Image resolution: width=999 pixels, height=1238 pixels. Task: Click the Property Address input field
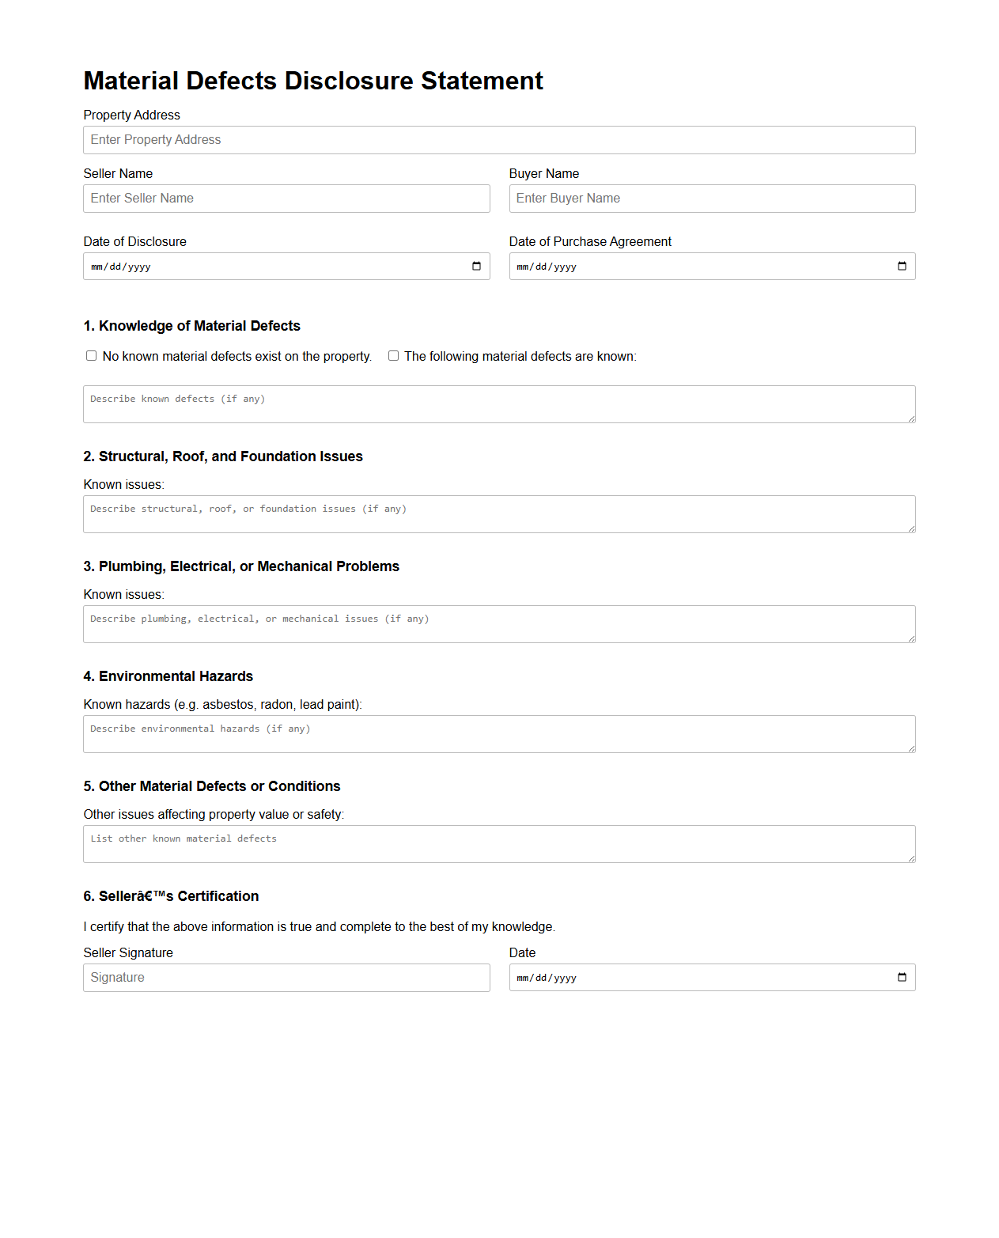(x=498, y=140)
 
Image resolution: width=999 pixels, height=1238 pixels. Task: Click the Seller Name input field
(x=286, y=199)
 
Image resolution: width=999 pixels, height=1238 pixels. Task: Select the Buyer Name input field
(x=712, y=199)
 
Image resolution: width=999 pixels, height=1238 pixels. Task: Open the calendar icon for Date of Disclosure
(x=476, y=266)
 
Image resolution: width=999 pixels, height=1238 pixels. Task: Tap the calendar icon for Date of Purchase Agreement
(x=902, y=266)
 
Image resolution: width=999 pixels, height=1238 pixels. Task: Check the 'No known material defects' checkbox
(x=92, y=356)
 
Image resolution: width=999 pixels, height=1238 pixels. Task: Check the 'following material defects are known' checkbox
(x=393, y=356)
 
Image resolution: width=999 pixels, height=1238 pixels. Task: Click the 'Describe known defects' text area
(x=498, y=404)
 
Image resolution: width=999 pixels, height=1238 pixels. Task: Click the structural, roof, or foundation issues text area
(x=498, y=514)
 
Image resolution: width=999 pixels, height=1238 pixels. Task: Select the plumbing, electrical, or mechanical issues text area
(x=498, y=624)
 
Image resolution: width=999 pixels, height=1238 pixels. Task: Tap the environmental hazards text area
(x=498, y=734)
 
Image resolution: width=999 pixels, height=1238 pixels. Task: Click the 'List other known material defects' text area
(x=498, y=844)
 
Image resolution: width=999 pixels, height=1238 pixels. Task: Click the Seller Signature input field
(x=286, y=978)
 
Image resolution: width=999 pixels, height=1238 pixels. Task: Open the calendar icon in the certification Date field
(x=902, y=977)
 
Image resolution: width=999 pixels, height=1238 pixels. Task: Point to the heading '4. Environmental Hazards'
(x=168, y=676)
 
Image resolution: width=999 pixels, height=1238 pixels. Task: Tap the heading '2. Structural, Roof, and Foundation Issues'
(x=223, y=456)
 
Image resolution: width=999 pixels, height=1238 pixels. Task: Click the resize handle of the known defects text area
(x=911, y=418)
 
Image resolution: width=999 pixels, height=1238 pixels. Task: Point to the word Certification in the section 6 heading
(x=218, y=896)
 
